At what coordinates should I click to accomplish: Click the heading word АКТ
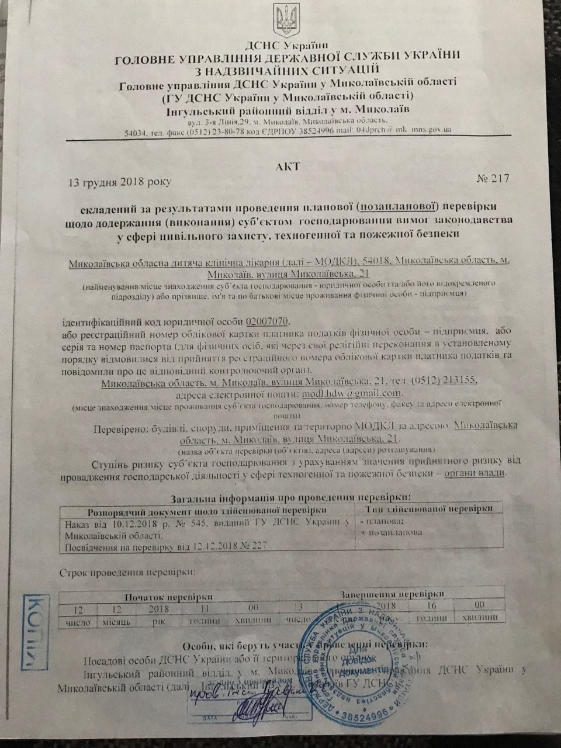pos(288,167)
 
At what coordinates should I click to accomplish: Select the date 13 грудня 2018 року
pos(120,182)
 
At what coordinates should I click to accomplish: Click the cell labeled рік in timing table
pos(160,622)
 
